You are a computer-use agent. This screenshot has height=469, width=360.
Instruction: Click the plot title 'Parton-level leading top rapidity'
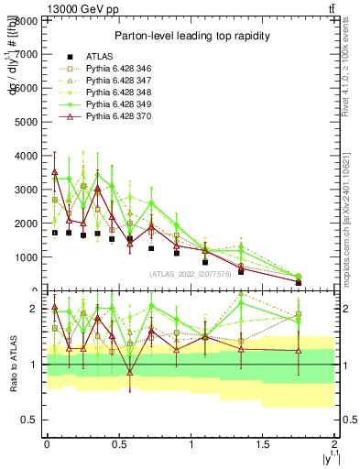coord(191,36)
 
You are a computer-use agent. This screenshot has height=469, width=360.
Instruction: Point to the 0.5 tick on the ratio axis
coord(31,420)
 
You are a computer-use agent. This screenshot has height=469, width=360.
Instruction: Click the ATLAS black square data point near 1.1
coord(205,262)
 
